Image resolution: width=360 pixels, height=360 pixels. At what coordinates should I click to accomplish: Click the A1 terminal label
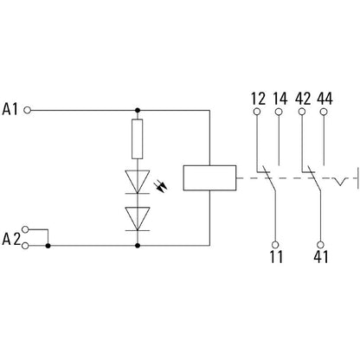point(12,110)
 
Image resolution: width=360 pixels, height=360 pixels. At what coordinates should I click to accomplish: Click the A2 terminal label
point(12,238)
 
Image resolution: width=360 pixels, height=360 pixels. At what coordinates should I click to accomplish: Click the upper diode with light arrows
point(137,179)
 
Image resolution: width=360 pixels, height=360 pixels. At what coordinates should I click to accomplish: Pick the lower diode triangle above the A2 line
point(137,215)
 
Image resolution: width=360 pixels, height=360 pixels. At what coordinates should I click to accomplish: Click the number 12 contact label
point(257,98)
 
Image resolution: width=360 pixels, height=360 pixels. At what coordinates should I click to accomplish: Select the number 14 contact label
point(279,98)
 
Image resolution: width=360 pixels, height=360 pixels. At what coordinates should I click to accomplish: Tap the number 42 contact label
point(301,98)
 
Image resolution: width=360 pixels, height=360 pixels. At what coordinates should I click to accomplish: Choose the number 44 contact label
point(324,98)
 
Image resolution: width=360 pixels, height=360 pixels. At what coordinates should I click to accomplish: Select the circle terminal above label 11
point(276,244)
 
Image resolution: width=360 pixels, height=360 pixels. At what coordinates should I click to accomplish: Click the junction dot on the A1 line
point(137,111)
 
